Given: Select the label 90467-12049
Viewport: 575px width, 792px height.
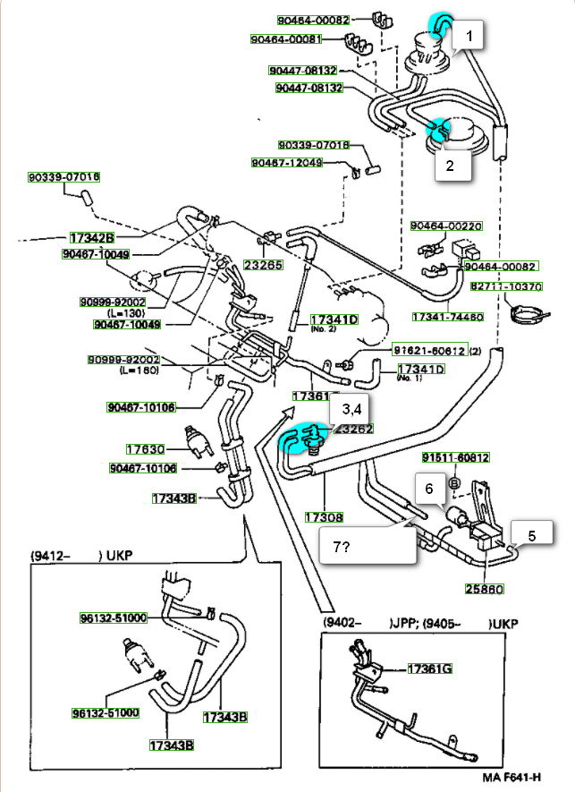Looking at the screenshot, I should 283,163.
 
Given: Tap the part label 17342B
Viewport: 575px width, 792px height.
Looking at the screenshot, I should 92,238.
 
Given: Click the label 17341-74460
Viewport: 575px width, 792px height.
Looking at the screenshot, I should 448,317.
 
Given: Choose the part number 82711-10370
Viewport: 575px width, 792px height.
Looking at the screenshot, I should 506,287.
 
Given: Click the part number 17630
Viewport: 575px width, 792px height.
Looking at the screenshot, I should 145,449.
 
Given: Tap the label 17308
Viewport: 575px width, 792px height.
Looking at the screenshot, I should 324,517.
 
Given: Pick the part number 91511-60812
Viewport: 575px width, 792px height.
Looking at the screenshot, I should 456,458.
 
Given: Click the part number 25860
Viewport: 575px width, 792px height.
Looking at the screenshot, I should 485,590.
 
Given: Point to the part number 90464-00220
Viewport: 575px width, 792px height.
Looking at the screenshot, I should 446,226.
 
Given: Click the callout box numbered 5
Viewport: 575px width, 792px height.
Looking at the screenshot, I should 531,537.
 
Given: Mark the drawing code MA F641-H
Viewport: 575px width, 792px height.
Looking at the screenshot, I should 512,778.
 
